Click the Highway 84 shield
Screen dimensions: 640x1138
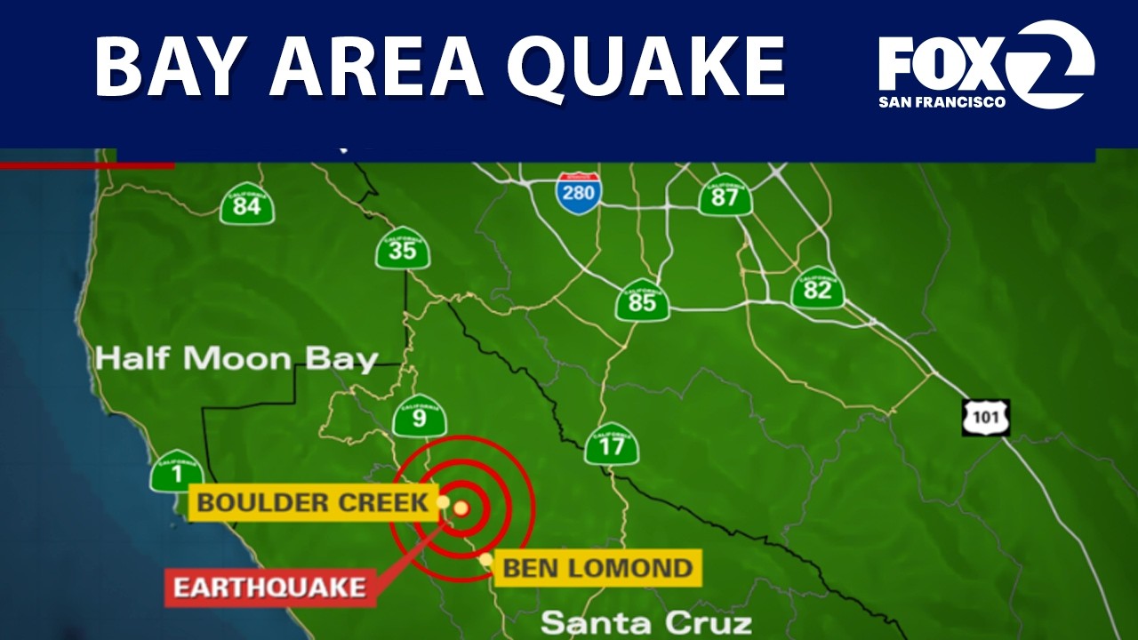247,204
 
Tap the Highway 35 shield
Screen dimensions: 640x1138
403,248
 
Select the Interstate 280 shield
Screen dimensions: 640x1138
578,193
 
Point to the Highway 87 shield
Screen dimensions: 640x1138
725,195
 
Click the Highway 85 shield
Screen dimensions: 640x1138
642,300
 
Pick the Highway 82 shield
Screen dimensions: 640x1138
817,287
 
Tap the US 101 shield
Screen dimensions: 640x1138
986,417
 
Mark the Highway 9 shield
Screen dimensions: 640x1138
419,415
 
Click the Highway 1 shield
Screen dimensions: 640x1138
176,471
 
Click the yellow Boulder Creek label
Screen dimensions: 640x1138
312,502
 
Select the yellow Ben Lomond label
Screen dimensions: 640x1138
597,567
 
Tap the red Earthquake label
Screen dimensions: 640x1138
269,588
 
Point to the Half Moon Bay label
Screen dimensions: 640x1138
236,359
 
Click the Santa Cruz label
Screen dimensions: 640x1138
646,622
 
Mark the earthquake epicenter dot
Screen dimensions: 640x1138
461,508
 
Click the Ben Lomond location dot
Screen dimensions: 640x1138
486,560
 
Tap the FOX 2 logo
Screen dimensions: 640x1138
986,65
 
